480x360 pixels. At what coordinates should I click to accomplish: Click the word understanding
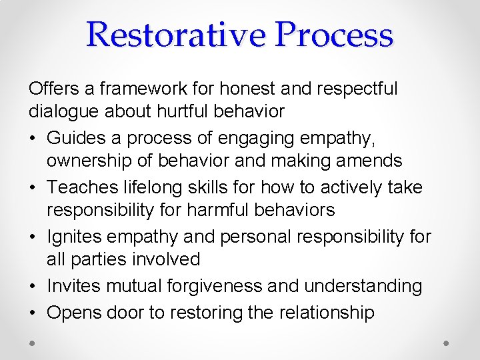363,286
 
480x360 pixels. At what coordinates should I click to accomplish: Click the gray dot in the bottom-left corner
33,343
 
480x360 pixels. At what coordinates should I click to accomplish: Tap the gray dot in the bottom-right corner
447,343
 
